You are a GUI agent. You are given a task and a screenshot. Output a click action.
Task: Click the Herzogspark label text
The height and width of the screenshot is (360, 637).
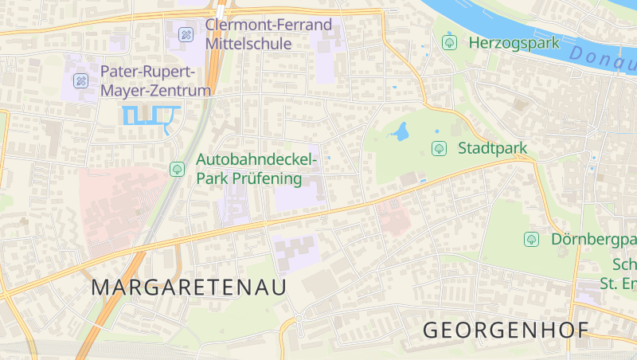pyautogui.click(x=514, y=43)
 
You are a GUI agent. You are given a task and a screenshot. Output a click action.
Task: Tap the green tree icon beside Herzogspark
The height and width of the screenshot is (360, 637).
pyautogui.click(x=449, y=42)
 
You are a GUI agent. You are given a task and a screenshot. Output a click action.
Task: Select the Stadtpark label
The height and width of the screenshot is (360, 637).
pyautogui.click(x=492, y=148)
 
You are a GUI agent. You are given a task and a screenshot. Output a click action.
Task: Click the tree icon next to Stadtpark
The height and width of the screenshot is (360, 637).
pyautogui.click(x=439, y=148)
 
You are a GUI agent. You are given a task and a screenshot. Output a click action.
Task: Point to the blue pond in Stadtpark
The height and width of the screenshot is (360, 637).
pyautogui.click(x=401, y=131)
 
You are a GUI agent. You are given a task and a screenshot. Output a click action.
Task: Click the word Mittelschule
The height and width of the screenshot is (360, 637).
pyautogui.click(x=248, y=45)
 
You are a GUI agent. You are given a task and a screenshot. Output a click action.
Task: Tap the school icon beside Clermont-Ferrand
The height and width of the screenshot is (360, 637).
pyautogui.click(x=186, y=33)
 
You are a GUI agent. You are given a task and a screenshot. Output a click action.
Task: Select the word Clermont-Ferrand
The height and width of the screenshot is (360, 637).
pyautogui.click(x=268, y=25)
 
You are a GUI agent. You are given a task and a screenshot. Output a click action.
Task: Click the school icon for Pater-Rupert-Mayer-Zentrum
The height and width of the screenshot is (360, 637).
pyautogui.click(x=80, y=80)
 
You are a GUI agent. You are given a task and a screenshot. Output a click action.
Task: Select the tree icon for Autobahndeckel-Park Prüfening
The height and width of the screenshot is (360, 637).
pyautogui.click(x=177, y=169)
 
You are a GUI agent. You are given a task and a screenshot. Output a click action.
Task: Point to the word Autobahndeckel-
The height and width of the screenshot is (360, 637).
pyautogui.click(x=256, y=160)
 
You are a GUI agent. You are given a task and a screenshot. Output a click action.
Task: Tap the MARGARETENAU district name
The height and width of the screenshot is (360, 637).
pyautogui.click(x=189, y=288)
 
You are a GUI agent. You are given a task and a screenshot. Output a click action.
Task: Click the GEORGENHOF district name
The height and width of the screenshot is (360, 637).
pyautogui.click(x=506, y=330)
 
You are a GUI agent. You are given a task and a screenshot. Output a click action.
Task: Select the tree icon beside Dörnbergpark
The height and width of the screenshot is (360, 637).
pyautogui.click(x=531, y=239)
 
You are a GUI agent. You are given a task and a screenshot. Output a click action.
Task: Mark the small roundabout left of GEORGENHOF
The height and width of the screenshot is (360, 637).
pyautogui.click(x=299, y=320)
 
